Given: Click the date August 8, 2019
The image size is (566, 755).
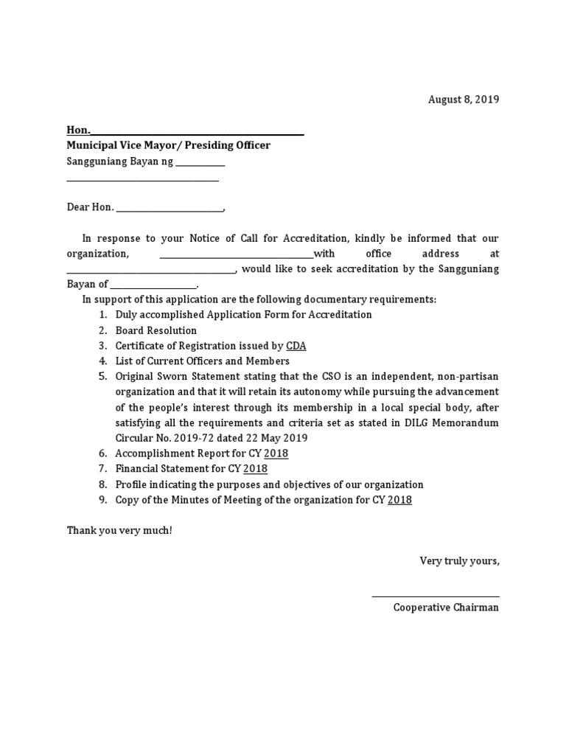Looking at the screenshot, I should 464,100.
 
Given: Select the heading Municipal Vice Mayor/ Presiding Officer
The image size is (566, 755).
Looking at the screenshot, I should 169,145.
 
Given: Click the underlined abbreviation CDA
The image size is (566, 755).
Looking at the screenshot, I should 296,346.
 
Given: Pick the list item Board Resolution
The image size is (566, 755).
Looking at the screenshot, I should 156,330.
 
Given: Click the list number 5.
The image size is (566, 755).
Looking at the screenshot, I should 102,377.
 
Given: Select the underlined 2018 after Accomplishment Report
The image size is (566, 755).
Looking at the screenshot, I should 276,453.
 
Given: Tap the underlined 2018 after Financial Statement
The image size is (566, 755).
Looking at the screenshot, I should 255,469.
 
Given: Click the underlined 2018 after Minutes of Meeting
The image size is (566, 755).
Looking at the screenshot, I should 399,500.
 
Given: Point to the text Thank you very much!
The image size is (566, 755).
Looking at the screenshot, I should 119,531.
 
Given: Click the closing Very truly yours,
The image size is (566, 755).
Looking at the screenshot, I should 459,561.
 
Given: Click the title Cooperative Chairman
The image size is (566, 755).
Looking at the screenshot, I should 446,608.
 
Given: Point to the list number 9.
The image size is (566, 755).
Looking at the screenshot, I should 102,500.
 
